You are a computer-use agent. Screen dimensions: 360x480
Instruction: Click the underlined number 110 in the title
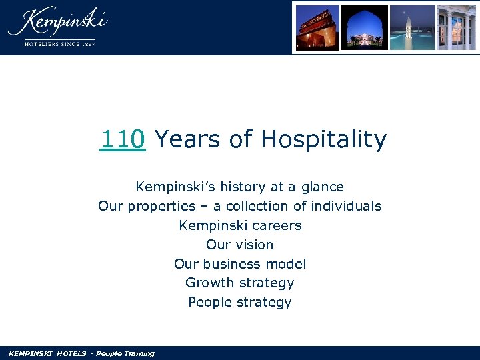click(x=123, y=140)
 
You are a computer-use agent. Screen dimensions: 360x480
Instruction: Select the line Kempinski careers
click(x=240, y=225)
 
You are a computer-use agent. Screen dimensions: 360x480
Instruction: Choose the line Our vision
click(x=240, y=245)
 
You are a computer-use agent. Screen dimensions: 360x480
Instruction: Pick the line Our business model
click(x=240, y=264)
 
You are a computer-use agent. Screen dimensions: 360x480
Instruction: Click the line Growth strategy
click(x=240, y=283)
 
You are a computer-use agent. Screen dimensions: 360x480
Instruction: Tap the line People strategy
click(x=240, y=302)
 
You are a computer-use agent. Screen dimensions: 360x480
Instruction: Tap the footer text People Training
click(x=125, y=353)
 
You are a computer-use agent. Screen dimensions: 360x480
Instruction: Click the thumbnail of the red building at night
click(x=317, y=27)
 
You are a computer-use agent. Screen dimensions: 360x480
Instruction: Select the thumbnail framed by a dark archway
click(x=365, y=27)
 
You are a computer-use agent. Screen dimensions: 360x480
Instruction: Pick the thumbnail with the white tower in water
click(x=412, y=27)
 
